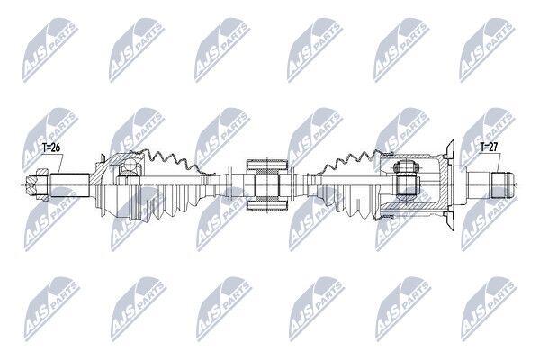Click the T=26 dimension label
(51, 148)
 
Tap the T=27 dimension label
(489, 147)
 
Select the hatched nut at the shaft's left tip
(37, 185)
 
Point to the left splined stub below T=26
(70, 185)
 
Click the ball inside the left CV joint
(130, 165)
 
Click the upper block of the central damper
(267, 166)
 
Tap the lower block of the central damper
(267, 206)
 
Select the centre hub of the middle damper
(267, 185)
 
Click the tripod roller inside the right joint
(407, 182)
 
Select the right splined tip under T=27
(502, 185)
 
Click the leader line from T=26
(61, 163)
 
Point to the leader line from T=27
(499, 162)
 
